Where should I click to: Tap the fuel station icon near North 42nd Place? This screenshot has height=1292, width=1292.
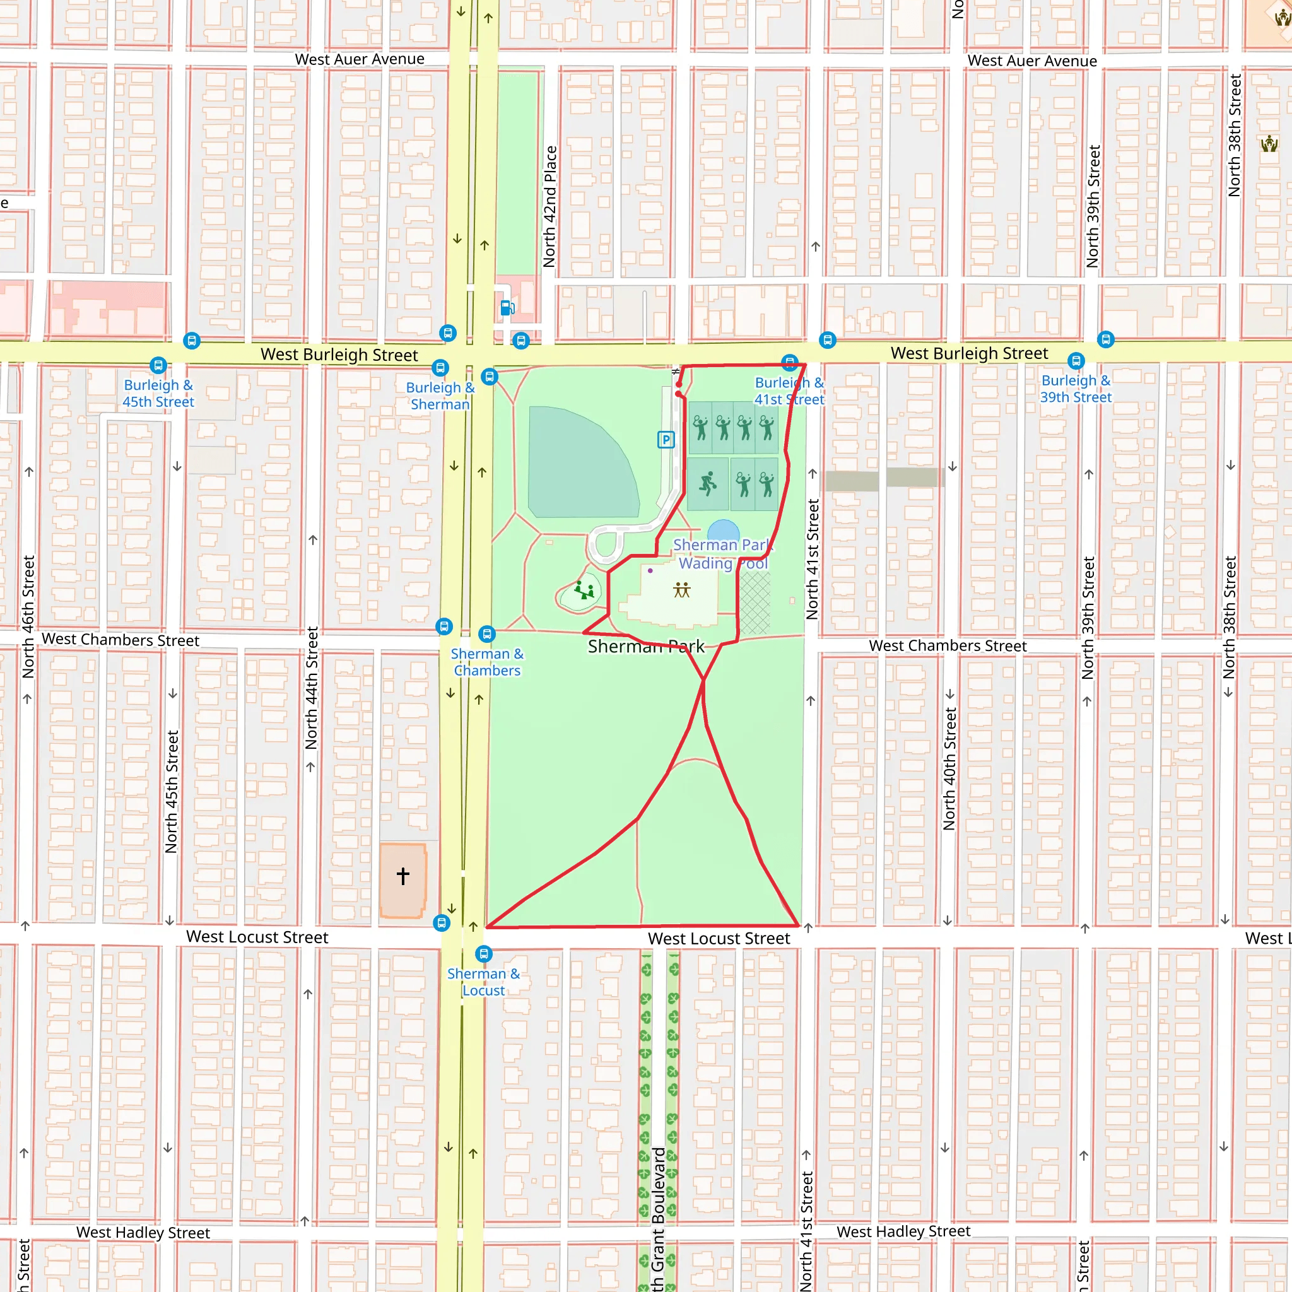click(x=508, y=308)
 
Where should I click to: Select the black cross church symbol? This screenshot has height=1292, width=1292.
click(x=402, y=876)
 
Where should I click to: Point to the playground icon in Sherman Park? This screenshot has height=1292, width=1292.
click(x=584, y=590)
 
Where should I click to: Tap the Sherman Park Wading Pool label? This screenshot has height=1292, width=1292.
click(x=723, y=555)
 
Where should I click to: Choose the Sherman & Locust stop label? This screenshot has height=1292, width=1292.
click(x=483, y=982)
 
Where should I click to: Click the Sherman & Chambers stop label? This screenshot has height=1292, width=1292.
click(x=487, y=662)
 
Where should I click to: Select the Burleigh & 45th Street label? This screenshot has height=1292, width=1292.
click(x=158, y=393)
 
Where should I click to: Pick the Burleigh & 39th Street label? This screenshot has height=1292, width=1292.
click(x=1076, y=389)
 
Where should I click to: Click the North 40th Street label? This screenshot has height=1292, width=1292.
click(x=949, y=769)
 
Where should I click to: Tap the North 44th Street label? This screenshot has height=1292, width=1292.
click(x=312, y=688)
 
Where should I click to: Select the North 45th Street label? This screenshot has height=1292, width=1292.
click(x=172, y=792)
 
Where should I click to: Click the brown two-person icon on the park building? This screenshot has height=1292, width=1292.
click(x=681, y=590)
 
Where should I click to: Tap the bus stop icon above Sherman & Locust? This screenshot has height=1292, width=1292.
click(x=483, y=954)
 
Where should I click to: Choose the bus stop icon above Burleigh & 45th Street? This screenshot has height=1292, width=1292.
click(x=158, y=365)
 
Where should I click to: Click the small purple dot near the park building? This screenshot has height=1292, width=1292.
click(x=650, y=570)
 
